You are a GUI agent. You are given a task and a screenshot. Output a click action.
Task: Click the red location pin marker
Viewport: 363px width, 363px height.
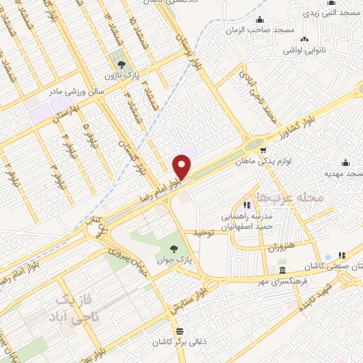coord(182,167)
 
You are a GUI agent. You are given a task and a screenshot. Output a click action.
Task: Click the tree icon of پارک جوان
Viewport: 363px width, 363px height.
coord(174,248)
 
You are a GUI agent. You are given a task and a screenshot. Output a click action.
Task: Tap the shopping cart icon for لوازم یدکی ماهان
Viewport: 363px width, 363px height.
coord(263,150)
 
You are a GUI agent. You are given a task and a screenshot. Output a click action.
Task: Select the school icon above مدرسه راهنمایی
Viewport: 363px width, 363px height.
coord(247,196)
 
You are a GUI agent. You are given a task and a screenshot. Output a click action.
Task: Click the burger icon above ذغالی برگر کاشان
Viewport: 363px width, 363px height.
coord(179,331)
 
